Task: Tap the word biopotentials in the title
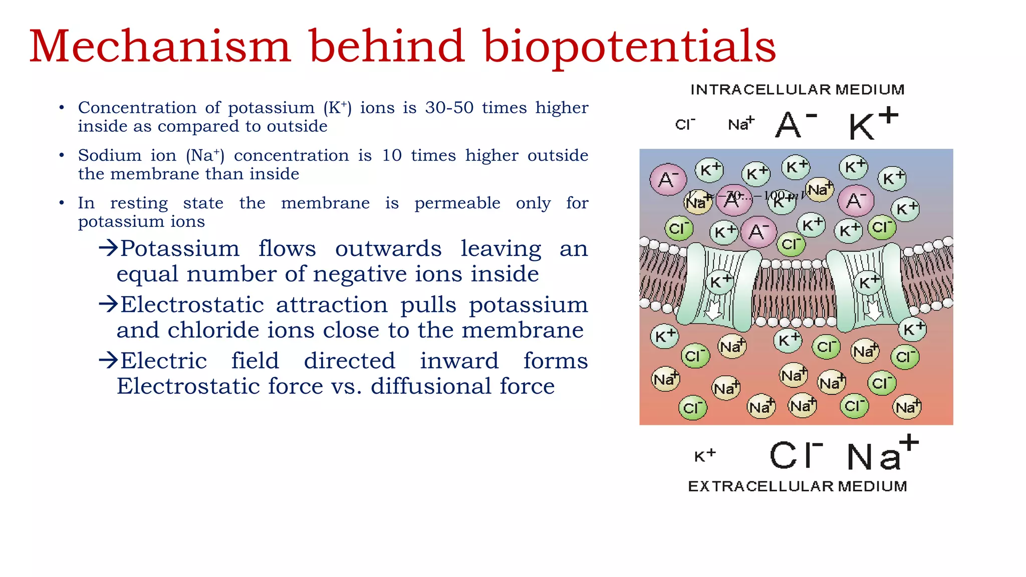click(629, 48)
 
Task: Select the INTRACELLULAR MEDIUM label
click(797, 90)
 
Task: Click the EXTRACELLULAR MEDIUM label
click(797, 486)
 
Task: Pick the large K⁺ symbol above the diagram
click(873, 124)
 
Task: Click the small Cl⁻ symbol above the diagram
click(685, 124)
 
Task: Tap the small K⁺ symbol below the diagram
click(704, 455)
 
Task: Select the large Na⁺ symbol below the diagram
click(882, 453)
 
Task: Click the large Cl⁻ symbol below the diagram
click(796, 455)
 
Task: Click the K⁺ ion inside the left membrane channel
click(720, 281)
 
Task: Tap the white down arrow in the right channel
click(874, 311)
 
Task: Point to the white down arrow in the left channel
click(713, 312)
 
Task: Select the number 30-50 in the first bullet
click(449, 108)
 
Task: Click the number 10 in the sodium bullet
click(392, 155)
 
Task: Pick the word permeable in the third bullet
click(457, 203)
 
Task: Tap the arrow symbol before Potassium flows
click(108, 248)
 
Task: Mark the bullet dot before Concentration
click(62, 108)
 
